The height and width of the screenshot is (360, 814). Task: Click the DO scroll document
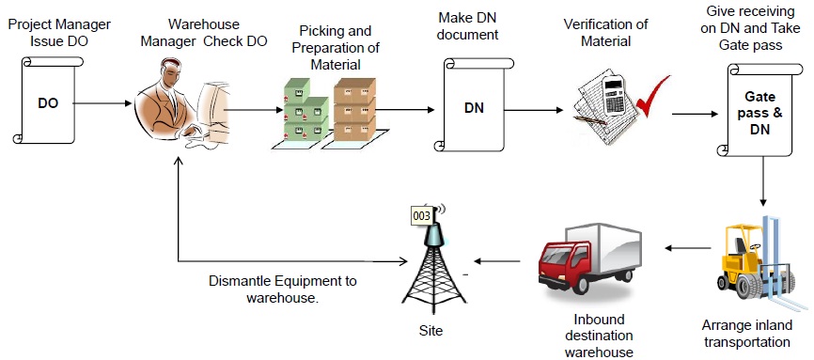(x=47, y=102)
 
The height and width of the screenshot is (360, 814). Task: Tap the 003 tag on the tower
(x=424, y=215)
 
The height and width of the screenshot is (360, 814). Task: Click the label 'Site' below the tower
(x=431, y=331)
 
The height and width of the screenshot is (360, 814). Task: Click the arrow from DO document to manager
(x=104, y=102)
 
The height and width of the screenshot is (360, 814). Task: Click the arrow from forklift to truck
(x=687, y=248)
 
